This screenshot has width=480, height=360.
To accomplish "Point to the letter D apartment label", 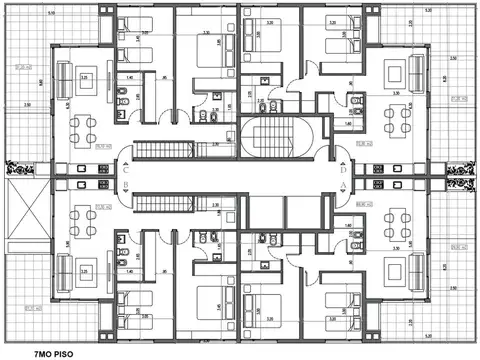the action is [x=343, y=170].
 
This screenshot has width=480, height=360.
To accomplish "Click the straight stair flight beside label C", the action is [x=154, y=151].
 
